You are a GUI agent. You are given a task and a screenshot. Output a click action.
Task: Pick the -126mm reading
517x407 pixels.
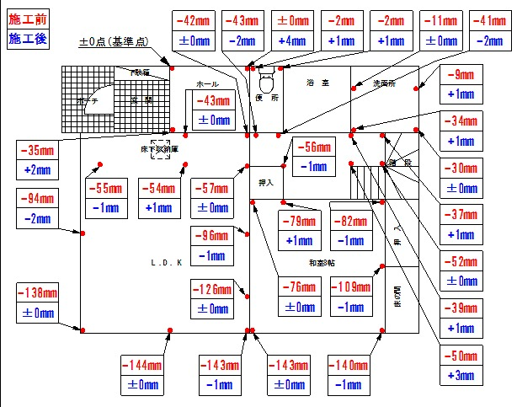tap(212, 290)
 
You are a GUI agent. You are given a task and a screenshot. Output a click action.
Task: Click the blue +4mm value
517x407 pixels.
tap(296, 39)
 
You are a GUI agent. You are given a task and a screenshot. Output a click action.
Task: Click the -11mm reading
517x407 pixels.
tap(440, 19)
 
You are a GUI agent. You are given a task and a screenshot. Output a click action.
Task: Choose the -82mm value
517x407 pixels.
tap(349, 222)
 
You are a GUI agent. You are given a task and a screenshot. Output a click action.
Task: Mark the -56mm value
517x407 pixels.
tap(311, 147)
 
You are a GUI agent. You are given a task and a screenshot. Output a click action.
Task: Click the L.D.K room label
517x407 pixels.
tap(167, 262)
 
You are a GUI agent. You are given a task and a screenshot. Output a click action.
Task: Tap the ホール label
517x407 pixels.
tap(207, 84)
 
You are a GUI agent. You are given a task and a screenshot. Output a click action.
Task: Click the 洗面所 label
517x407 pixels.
tap(384, 83)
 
